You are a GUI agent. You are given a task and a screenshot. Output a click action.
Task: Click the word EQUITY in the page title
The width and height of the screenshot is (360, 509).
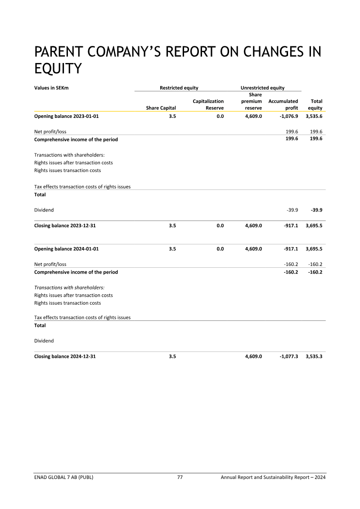pos(58,68)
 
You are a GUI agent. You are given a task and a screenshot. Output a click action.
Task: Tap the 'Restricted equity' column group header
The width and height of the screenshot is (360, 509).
pos(179,88)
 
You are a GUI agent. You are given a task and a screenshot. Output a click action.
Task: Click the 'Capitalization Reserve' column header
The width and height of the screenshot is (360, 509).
pos(208,105)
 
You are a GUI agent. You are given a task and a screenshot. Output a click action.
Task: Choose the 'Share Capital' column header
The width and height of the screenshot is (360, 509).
pos(161,108)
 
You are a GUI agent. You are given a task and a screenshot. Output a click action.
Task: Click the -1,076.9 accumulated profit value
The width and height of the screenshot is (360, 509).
pos(287,116)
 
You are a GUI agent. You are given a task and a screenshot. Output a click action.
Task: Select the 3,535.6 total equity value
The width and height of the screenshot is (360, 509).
pos(314,116)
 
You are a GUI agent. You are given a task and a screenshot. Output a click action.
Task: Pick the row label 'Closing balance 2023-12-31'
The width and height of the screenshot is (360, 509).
pos(65,226)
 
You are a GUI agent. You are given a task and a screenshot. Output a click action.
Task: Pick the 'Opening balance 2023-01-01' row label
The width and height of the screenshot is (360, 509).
pos(66,116)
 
